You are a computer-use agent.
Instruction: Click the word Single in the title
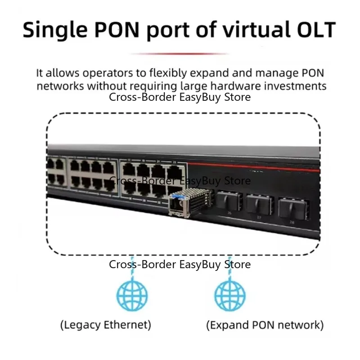[x=55, y=30]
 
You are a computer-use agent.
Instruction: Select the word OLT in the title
[x=316, y=30]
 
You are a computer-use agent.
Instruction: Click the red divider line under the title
[x=180, y=54]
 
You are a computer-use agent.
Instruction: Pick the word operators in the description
[x=108, y=73]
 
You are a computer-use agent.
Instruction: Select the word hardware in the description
[x=235, y=86]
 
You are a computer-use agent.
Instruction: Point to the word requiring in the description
[x=153, y=87]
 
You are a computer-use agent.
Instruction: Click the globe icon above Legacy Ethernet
[x=132, y=296]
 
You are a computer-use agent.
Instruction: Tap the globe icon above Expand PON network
[x=230, y=296]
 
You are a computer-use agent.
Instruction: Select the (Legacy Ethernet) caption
[x=106, y=325]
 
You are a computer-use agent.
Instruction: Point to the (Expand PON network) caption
[x=265, y=325]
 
